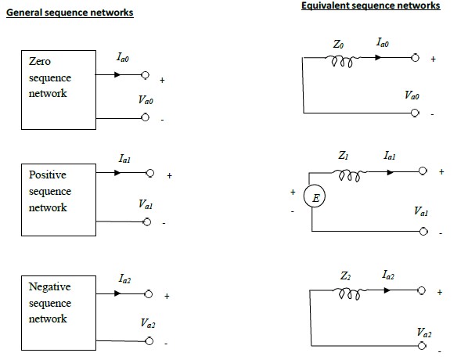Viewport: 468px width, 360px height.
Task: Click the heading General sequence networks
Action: click(x=70, y=13)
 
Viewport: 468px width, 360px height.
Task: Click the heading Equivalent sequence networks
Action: click(x=371, y=5)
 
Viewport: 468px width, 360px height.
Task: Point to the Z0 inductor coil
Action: click(x=342, y=61)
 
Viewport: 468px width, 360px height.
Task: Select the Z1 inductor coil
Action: click(x=350, y=175)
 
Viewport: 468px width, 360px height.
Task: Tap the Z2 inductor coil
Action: click(x=350, y=293)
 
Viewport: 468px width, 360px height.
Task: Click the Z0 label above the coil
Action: click(x=338, y=44)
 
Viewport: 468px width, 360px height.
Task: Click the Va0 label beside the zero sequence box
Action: click(x=146, y=99)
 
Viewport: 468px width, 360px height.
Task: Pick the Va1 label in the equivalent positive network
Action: click(x=421, y=211)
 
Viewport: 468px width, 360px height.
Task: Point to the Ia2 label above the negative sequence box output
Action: click(x=124, y=279)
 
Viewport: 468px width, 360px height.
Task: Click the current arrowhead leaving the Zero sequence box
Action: click(x=117, y=74)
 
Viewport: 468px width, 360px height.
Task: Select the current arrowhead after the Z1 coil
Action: click(x=390, y=172)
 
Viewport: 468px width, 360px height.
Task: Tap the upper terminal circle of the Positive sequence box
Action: click(x=150, y=173)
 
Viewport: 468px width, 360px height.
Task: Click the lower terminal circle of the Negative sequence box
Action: click(x=149, y=341)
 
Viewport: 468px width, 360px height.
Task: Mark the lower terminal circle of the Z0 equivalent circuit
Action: click(x=415, y=113)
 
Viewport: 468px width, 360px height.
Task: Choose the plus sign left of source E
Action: click(x=293, y=192)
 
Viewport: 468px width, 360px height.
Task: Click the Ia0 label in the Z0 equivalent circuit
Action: click(x=383, y=42)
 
